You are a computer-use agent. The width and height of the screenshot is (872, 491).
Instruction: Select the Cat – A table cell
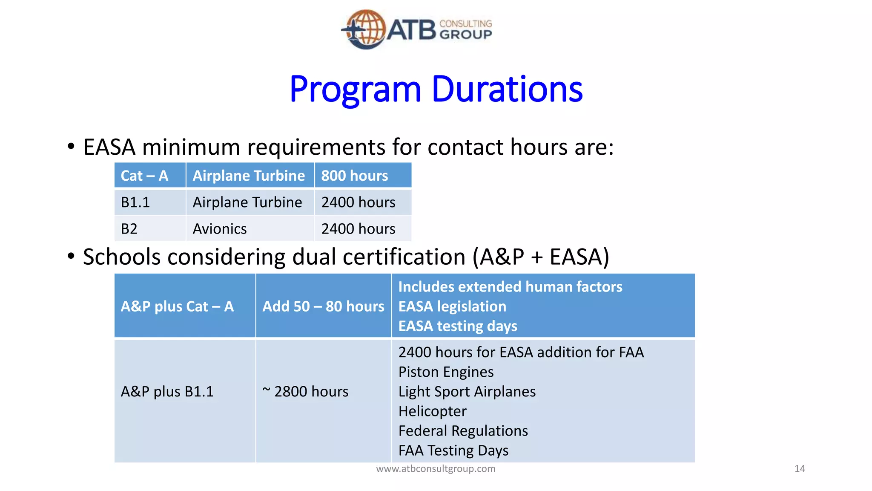(145, 176)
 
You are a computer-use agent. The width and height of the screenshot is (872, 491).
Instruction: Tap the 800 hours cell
(354, 176)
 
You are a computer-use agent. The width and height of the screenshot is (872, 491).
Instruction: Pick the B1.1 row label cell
(135, 202)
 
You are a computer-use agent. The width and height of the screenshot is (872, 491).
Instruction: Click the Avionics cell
(220, 229)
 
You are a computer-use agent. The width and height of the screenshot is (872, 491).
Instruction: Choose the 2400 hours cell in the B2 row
(358, 229)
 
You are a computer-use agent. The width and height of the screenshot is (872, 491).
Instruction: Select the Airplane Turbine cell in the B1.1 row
(247, 202)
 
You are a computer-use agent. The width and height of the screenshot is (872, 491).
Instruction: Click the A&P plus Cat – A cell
(177, 306)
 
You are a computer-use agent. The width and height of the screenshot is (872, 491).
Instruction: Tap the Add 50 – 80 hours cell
(323, 306)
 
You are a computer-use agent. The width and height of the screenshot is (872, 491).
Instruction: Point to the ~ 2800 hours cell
(305, 391)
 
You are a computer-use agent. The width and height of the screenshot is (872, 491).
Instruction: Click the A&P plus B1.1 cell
(167, 391)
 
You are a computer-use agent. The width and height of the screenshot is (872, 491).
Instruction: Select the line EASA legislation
(452, 306)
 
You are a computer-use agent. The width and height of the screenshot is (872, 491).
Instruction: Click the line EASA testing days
(458, 326)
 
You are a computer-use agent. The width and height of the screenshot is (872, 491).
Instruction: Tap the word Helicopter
(432, 411)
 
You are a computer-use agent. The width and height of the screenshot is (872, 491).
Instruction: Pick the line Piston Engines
(446, 372)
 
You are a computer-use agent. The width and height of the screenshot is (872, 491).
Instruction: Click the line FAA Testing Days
(453, 450)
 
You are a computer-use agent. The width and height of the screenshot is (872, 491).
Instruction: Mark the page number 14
(800, 468)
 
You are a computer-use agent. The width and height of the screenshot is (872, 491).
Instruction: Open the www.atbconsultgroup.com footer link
(436, 468)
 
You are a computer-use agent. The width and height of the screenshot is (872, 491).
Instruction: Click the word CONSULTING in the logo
(465, 23)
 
